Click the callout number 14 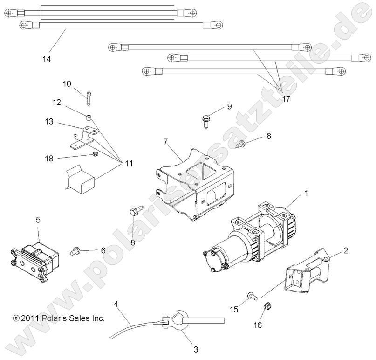pos(47,59)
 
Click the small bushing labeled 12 pos(89,115)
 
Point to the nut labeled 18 pos(95,154)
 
